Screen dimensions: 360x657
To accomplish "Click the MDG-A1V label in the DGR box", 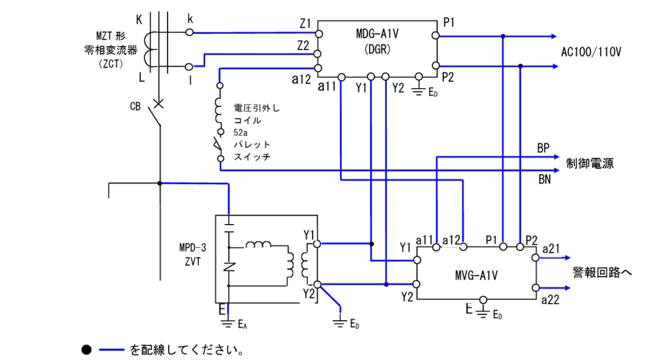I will point(377,33).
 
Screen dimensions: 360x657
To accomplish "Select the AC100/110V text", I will point(591,51).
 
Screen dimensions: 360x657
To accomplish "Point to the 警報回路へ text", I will point(602,272).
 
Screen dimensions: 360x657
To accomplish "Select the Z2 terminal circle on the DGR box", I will point(317,53).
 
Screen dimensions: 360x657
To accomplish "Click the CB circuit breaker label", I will point(135,107).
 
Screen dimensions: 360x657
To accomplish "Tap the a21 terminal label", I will point(551,247).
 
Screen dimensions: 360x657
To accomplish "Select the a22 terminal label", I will point(551,300).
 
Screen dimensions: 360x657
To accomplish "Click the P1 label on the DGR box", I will point(449,23).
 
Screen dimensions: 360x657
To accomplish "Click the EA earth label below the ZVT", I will point(241,324).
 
